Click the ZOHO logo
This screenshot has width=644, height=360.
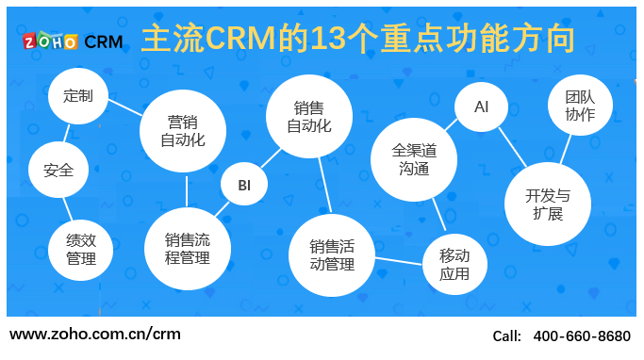click(51, 41)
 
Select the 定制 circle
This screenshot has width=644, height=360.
click(77, 96)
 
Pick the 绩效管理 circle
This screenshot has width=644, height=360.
click(81, 249)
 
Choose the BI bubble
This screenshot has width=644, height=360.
click(244, 185)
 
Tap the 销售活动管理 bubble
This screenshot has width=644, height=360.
click(332, 255)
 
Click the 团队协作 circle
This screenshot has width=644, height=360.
click(580, 106)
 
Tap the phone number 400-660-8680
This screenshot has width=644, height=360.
click(582, 335)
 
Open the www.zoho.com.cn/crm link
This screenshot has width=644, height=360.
click(94, 334)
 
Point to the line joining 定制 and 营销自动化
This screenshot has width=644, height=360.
click(123, 106)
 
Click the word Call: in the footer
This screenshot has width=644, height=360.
click(507, 335)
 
